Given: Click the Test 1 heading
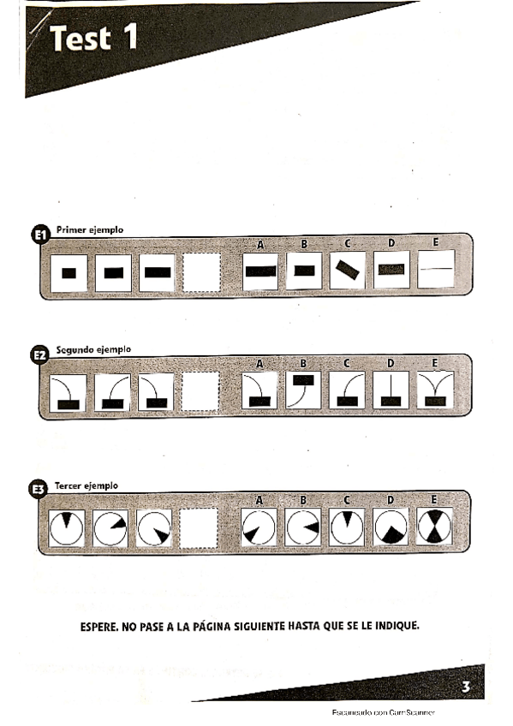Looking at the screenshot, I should [x=93, y=39].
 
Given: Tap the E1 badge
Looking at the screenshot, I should [x=40, y=236].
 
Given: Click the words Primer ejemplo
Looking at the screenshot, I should [x=90, y=229].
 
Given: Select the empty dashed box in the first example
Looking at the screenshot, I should [x=201, y=273].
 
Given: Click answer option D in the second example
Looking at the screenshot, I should [x=392, y=392].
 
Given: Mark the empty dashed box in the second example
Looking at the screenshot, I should [x=201, y=393].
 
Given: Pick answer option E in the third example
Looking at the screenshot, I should [x=436, y=527].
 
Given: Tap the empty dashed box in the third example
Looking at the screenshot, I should [x=201, y=528].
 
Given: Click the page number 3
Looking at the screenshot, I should [x=465, y=686].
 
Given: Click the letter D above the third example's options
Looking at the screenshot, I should [x=391, y=499].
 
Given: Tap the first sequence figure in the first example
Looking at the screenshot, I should [x=69, y=273].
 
